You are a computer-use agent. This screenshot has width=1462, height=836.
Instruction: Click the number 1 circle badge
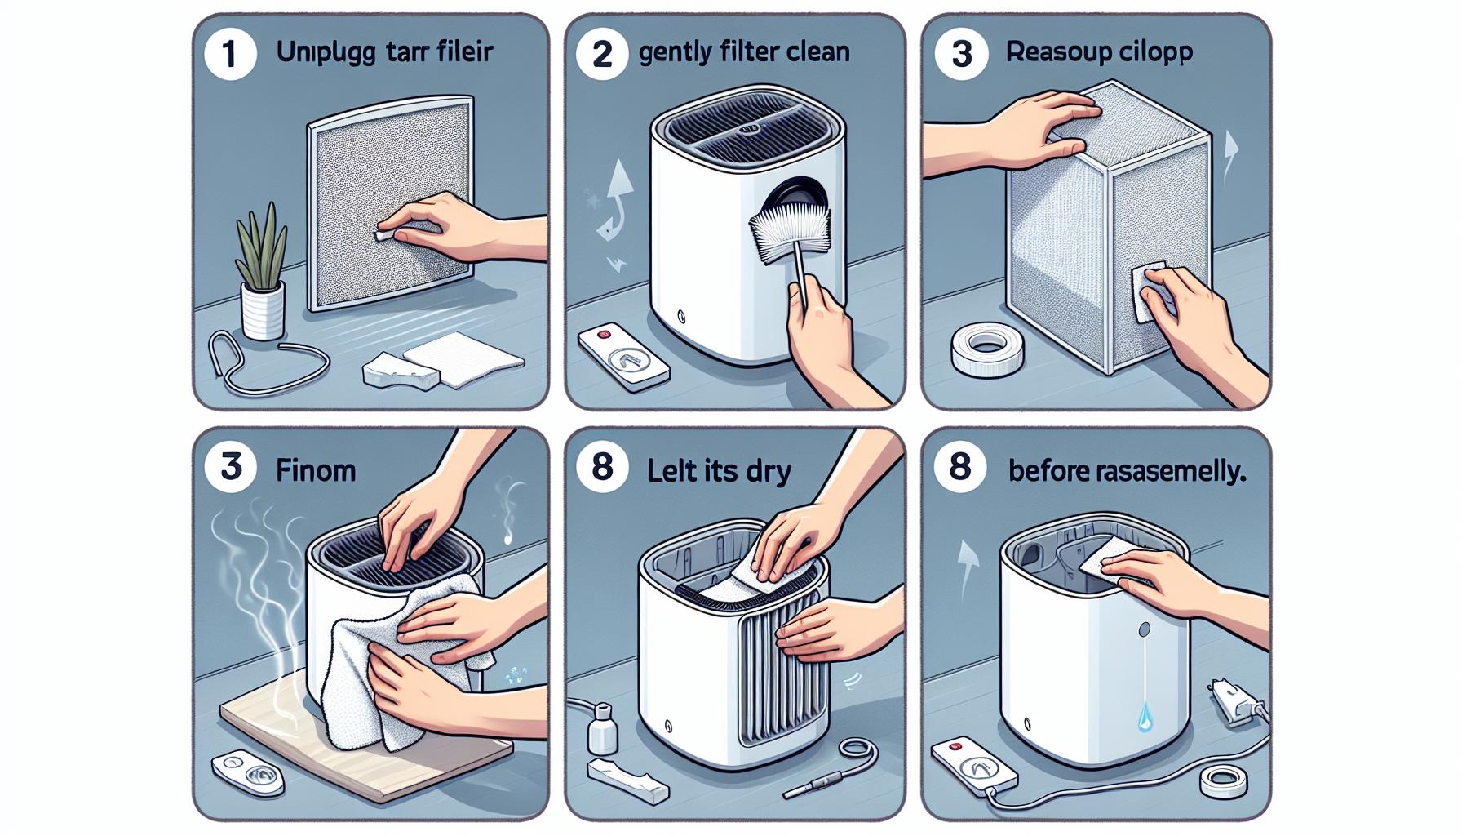tap(230, 54)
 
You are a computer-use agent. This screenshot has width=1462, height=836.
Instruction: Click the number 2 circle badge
tap(602, 54)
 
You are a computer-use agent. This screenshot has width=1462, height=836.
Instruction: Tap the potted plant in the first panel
tap(262, 278)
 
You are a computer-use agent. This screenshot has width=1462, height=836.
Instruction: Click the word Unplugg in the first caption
tap(326, 53)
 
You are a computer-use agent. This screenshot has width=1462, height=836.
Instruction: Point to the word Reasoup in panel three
tap(1050, 52)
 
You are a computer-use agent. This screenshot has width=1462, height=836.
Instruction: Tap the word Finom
tap(316, 470)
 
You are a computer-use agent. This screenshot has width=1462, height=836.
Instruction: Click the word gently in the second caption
tap(676, 53)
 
